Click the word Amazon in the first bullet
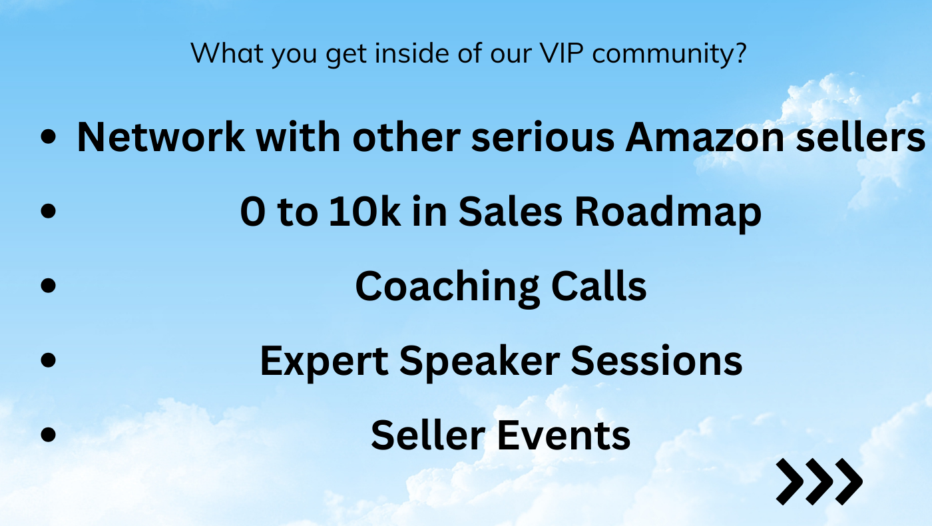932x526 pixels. (705, 137)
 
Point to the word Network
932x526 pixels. (161, 136)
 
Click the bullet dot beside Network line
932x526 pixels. (49, 136)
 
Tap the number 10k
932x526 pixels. (365, 212)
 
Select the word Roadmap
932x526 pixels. (668, 214)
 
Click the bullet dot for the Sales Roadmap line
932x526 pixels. (49, 210)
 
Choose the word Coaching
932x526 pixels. (447, 288)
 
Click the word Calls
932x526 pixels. (598, 286)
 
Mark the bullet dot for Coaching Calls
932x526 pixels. (49, 285)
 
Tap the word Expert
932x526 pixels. (324, 362)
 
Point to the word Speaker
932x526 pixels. (480, 362)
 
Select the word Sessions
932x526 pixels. (656, 360)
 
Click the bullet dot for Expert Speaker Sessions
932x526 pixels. (49, 360)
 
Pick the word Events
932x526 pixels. (564, 435)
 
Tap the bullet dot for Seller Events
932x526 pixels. (49, 434)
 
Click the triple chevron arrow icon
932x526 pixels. (819, 481)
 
